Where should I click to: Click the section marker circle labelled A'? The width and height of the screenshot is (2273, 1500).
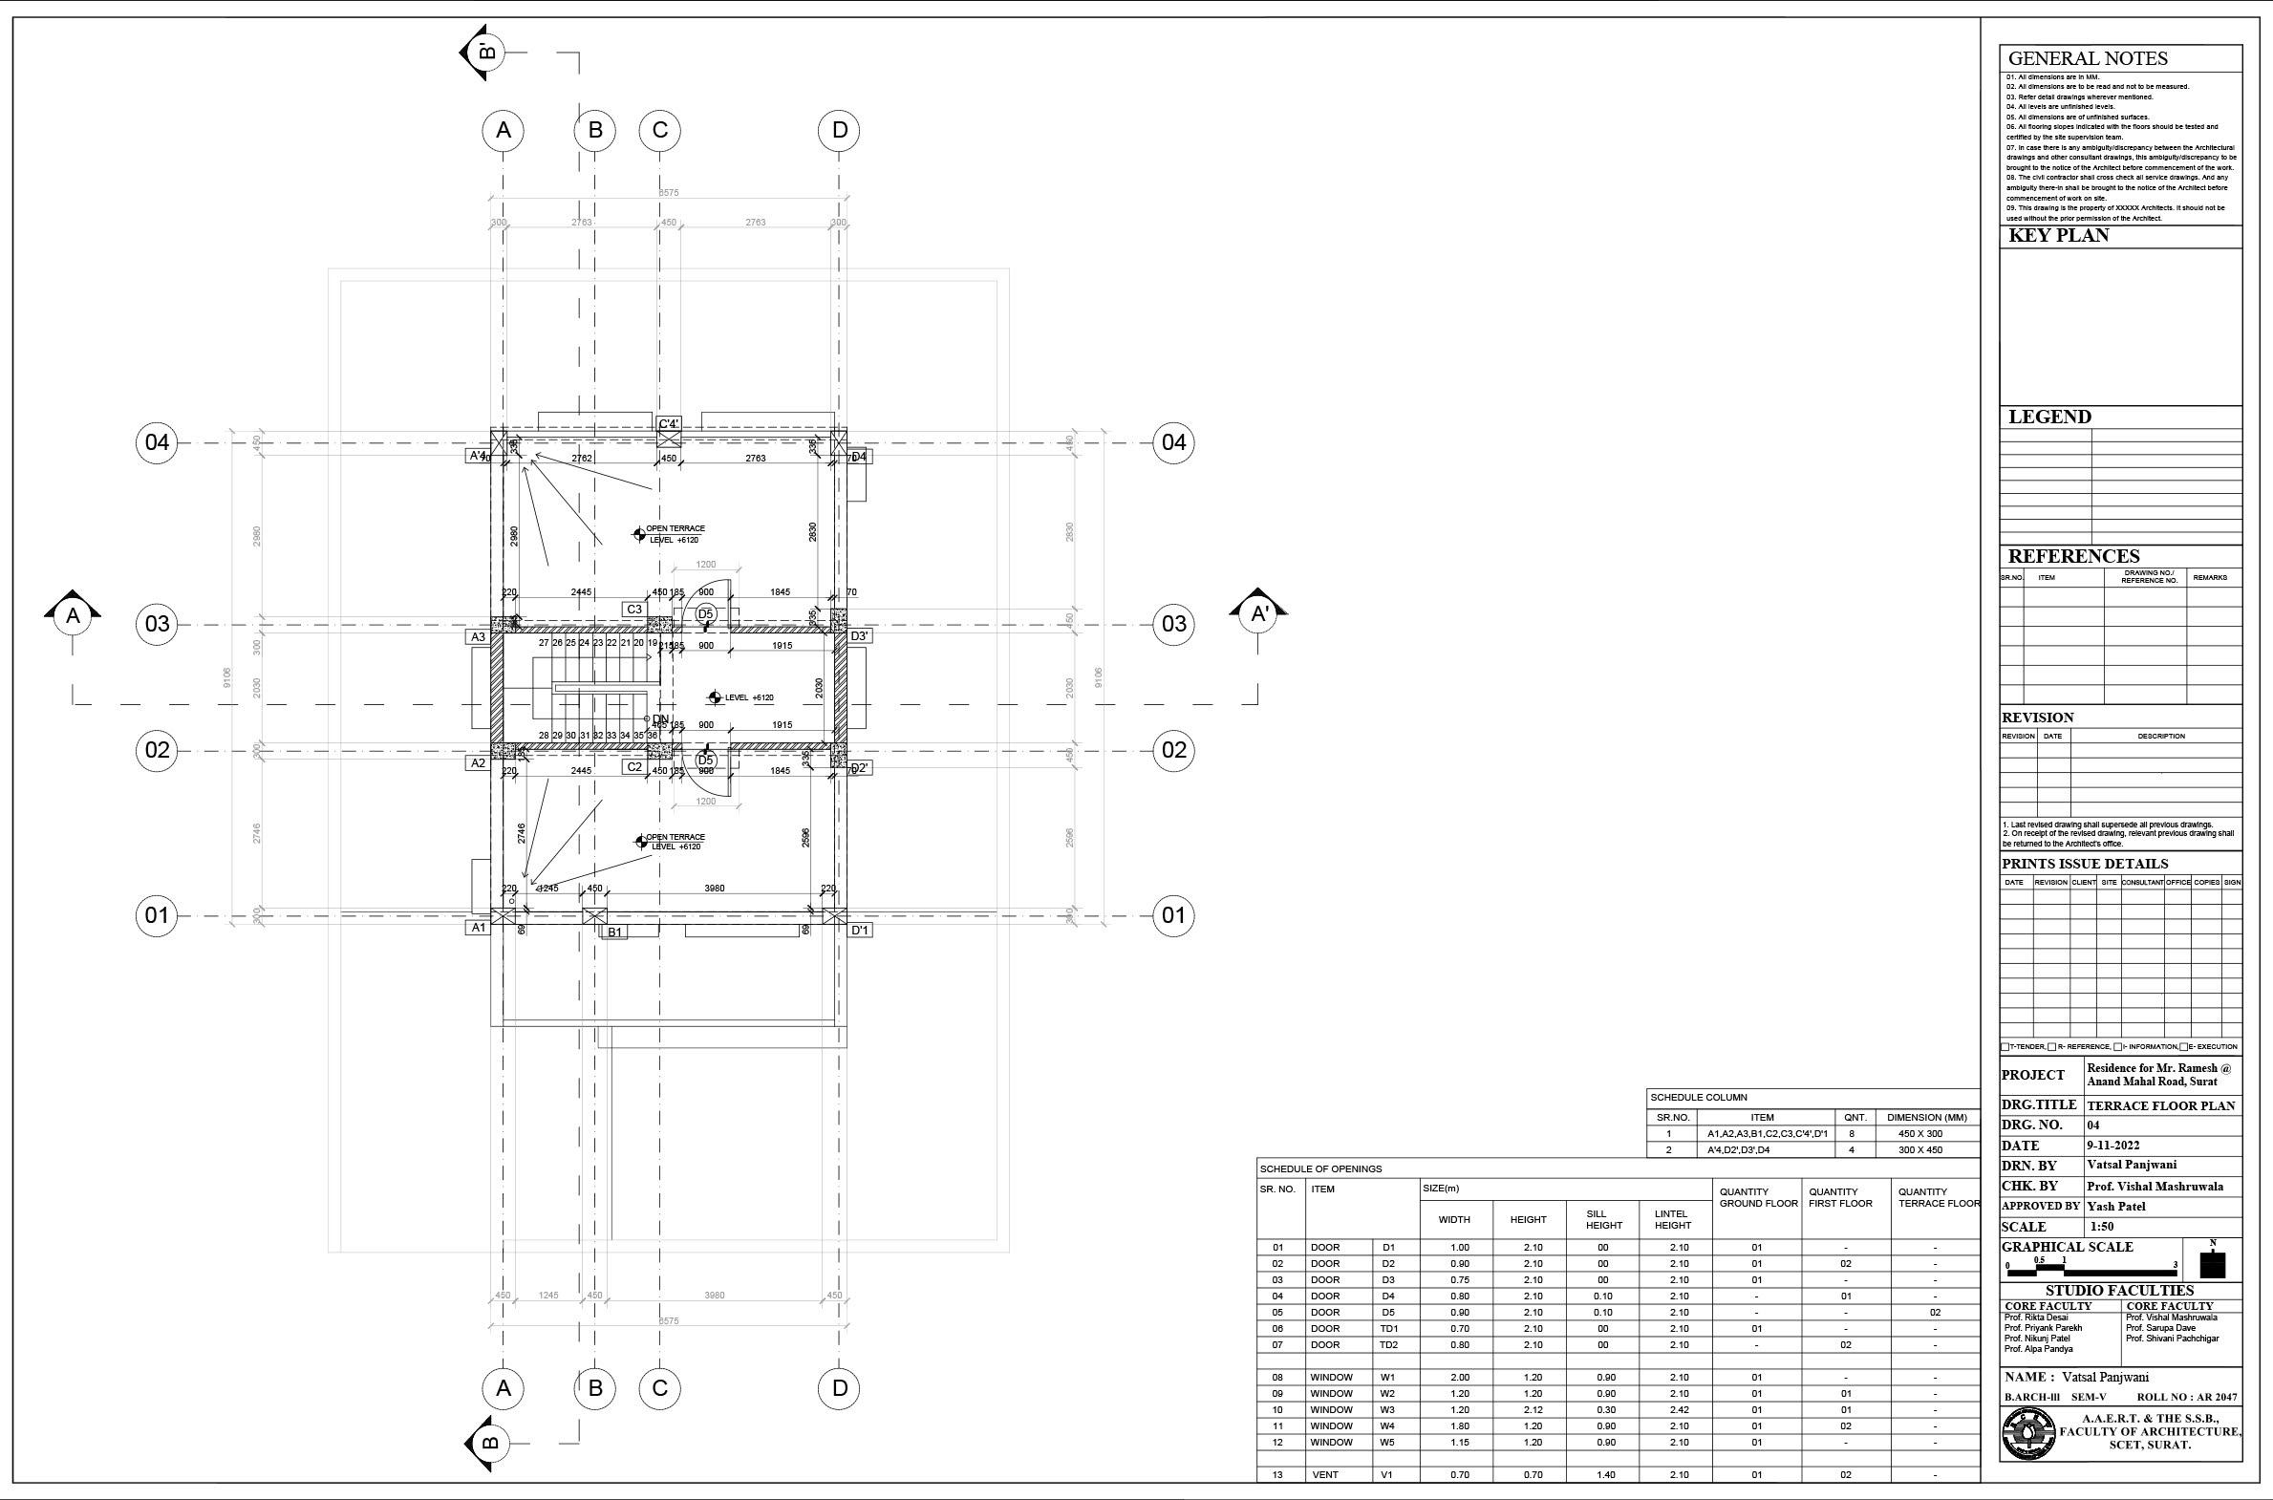pos(1259,614)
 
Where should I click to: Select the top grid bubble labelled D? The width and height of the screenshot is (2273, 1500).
pos(839,130)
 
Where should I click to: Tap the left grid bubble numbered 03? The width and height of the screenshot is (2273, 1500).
pos(157,625)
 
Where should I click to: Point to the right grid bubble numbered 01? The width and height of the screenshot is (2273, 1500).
pos(1174,915)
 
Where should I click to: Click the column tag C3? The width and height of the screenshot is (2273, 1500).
pos(634,610)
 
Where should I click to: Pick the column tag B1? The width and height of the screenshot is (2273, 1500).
pos(615,932)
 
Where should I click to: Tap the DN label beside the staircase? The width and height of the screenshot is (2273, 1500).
pos(660,719)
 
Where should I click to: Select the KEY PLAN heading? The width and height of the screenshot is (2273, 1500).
pos(2058,235)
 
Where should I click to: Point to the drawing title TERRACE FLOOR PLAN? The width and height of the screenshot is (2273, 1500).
pos(2160,1105)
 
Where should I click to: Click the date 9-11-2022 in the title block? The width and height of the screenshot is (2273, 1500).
pos(2112,1146)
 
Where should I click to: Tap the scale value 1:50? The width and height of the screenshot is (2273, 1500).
pos(2102,1227)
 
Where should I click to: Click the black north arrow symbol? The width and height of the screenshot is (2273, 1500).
pos(2213,1263)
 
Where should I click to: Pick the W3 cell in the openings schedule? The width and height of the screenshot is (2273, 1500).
pos(1387,1409)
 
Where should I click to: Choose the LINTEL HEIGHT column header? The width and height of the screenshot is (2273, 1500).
pos(1672,1219)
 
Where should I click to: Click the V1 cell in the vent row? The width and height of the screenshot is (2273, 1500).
pos(1387,1474)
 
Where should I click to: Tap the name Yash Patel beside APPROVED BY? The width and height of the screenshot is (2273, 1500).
pos(2118,1207)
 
